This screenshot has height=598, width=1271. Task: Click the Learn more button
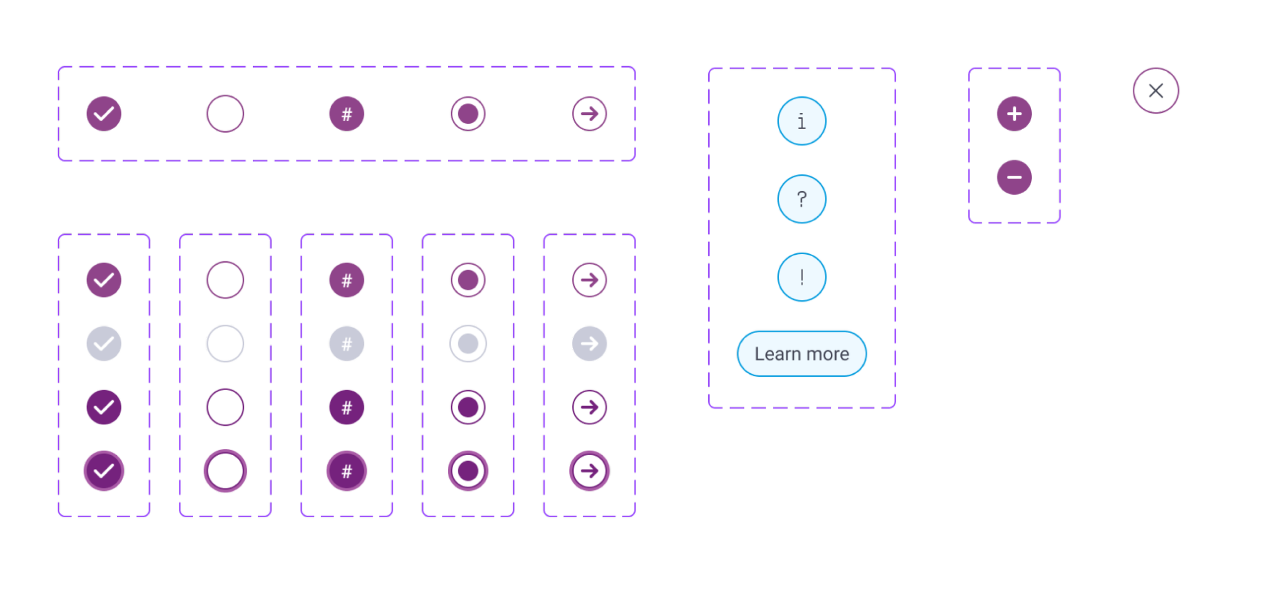pos(802,353)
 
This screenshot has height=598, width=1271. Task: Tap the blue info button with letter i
pos(802,121)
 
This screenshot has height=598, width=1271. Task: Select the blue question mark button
pos(802,199)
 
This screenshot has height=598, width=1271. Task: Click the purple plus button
pos(1014,113)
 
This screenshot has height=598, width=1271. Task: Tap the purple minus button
pos(1014,177)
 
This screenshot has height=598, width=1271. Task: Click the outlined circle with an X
pos(1156,91)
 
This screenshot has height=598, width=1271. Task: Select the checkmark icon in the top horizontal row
pos(104,113)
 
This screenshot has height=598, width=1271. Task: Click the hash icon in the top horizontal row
pos(347,113)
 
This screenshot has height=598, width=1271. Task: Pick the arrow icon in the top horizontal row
pos(590,113)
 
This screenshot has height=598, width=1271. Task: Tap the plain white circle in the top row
pos(225,113)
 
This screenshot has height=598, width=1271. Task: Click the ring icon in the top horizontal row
pos(468,113)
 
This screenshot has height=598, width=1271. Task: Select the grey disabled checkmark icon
pos(104,344)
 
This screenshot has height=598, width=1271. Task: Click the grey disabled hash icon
pos(347,344)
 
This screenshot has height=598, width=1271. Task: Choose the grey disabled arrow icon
pos(590,344)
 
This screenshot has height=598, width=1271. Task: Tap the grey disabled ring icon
pos(468,344)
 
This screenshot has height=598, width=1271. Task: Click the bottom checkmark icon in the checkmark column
pos(104,471)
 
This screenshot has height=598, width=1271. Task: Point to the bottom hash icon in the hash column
pos(347,471)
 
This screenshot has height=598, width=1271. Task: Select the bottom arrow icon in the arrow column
pos(590,471)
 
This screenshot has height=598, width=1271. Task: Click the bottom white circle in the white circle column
pos(225,471)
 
